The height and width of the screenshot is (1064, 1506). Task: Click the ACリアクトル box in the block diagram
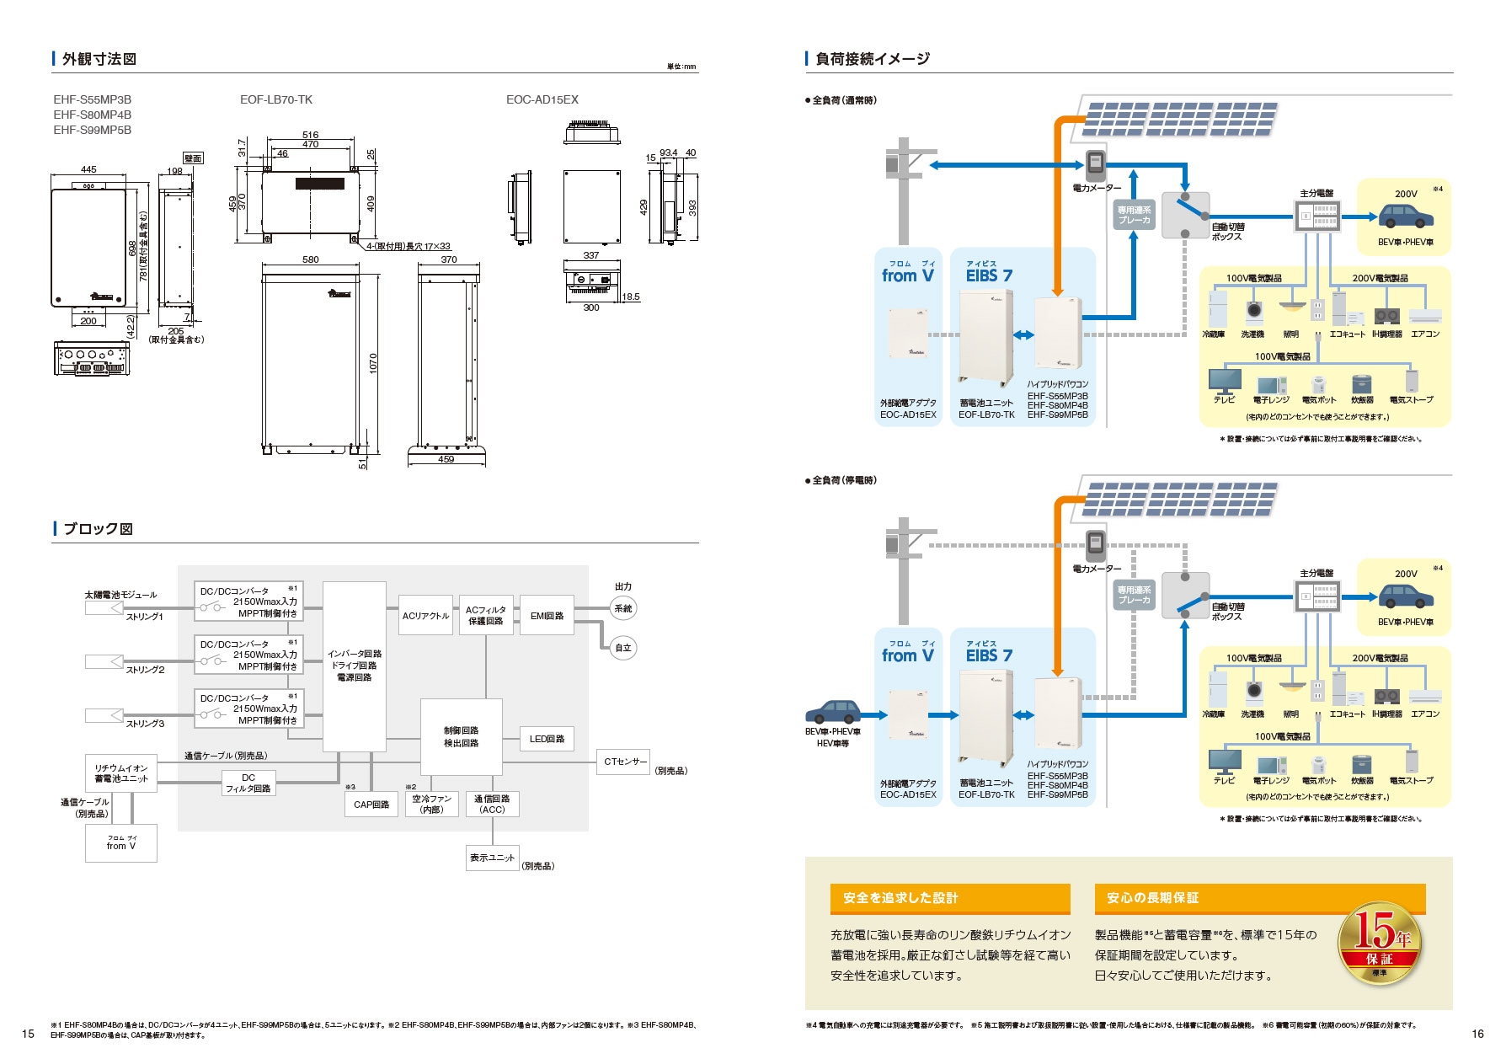425,616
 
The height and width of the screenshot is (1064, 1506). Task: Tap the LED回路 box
547,739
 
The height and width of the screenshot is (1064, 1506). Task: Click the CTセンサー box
623,762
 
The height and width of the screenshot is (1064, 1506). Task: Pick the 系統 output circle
623,608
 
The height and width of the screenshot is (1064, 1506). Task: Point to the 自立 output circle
623,648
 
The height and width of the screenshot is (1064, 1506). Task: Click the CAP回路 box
371,805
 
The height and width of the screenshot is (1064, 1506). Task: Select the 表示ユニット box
492,858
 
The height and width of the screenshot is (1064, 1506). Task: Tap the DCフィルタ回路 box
248,783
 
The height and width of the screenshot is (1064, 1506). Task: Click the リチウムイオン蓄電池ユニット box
121,773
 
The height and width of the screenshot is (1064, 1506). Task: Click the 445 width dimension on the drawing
88,169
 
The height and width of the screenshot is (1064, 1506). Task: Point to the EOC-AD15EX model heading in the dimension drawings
542,99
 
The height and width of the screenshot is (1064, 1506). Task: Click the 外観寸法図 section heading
99,59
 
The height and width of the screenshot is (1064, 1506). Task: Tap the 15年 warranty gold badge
1379,944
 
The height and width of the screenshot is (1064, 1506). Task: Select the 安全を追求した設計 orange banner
950,898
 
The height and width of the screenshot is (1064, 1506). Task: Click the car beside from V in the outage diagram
833,713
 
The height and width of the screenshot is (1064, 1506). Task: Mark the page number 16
1477,1034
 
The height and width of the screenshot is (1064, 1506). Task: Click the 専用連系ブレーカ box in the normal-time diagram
1134,216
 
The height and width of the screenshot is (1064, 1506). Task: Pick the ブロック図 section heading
98,529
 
